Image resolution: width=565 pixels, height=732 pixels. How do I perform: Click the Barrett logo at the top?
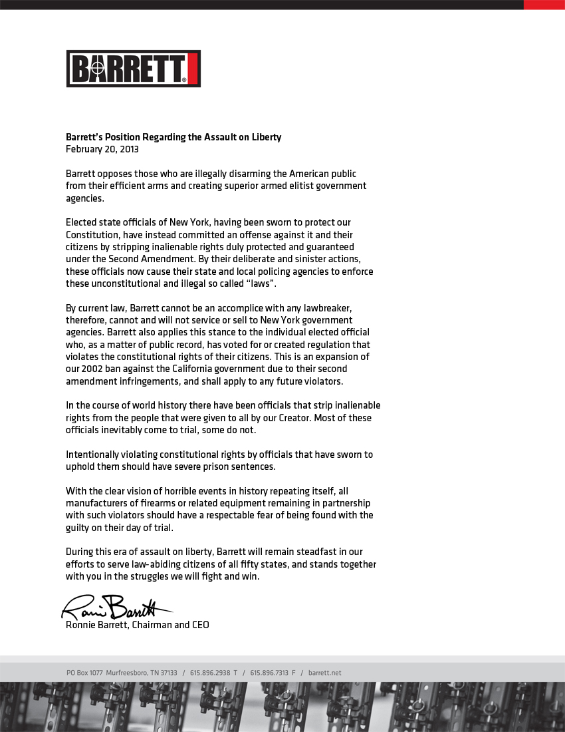(133, 69)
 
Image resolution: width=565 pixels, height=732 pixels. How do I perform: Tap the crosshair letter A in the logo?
(98, 69)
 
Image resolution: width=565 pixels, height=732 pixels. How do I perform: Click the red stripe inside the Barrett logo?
(193, 69)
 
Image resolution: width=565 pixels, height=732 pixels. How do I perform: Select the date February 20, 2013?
(102, 149)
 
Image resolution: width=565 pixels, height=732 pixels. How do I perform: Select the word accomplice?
(238, 308)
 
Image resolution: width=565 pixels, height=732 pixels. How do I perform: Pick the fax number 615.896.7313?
(269, 673)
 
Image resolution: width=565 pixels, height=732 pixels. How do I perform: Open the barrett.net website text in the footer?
(324, 673)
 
